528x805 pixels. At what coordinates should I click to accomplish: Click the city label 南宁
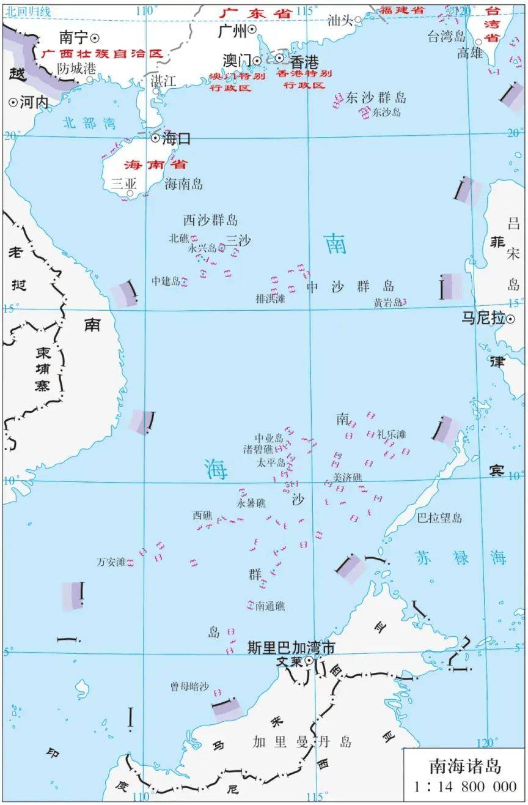73,36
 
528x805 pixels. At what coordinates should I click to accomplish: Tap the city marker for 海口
155,139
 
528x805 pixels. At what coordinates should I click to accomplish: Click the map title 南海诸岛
464,765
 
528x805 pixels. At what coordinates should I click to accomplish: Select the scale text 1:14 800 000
464,786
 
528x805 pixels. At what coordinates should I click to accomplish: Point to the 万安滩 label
111,562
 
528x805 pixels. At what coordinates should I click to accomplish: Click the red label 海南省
155,165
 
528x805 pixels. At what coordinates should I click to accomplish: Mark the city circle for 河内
13,103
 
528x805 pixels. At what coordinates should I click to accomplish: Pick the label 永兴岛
202,248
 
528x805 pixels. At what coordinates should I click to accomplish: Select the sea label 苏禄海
461,558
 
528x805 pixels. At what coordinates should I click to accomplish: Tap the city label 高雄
469,53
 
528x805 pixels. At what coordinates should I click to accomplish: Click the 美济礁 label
347,477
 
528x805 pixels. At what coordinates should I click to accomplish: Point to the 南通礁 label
270,606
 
